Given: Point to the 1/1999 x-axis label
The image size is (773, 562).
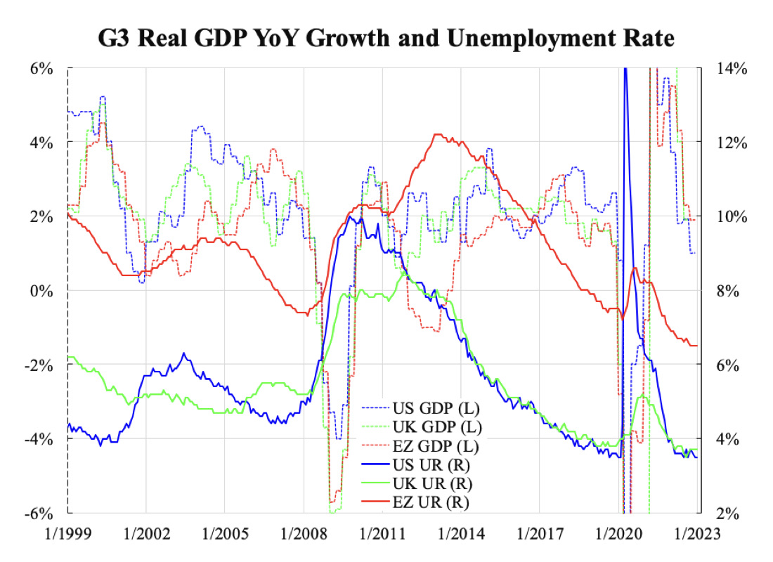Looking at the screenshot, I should pyautogui.click(x=68, y=533).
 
